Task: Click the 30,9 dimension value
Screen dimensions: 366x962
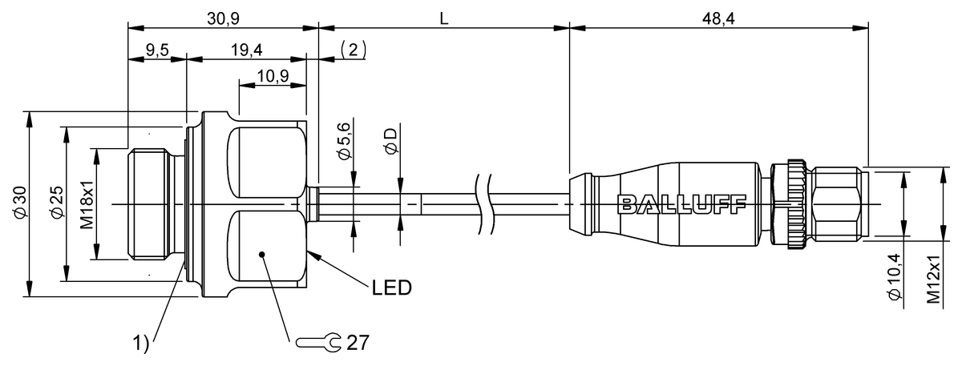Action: tap(224, 15)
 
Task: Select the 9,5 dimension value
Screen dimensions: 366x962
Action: tap(157, 50)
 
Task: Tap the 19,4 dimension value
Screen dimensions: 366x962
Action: tap(246, 50)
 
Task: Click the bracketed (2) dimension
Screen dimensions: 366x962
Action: tap(354, 50)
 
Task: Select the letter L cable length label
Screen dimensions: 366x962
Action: tap(443, 16)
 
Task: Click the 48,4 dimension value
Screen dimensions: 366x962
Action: tap(719, 16)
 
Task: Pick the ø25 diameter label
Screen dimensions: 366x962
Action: tap(55, 203)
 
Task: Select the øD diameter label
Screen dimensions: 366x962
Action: tap(390, 141)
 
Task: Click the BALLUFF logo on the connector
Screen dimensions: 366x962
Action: tap(682, 203)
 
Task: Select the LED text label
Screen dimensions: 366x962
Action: tap(391, 288)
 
